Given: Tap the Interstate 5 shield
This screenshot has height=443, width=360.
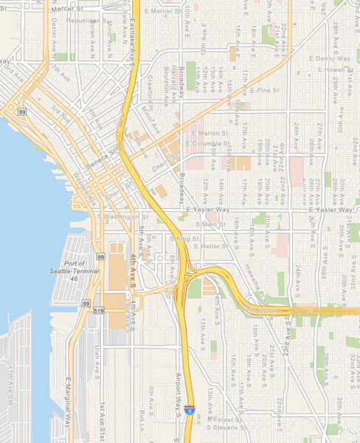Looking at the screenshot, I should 190,408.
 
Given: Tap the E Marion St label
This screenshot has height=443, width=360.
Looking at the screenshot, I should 207,133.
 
